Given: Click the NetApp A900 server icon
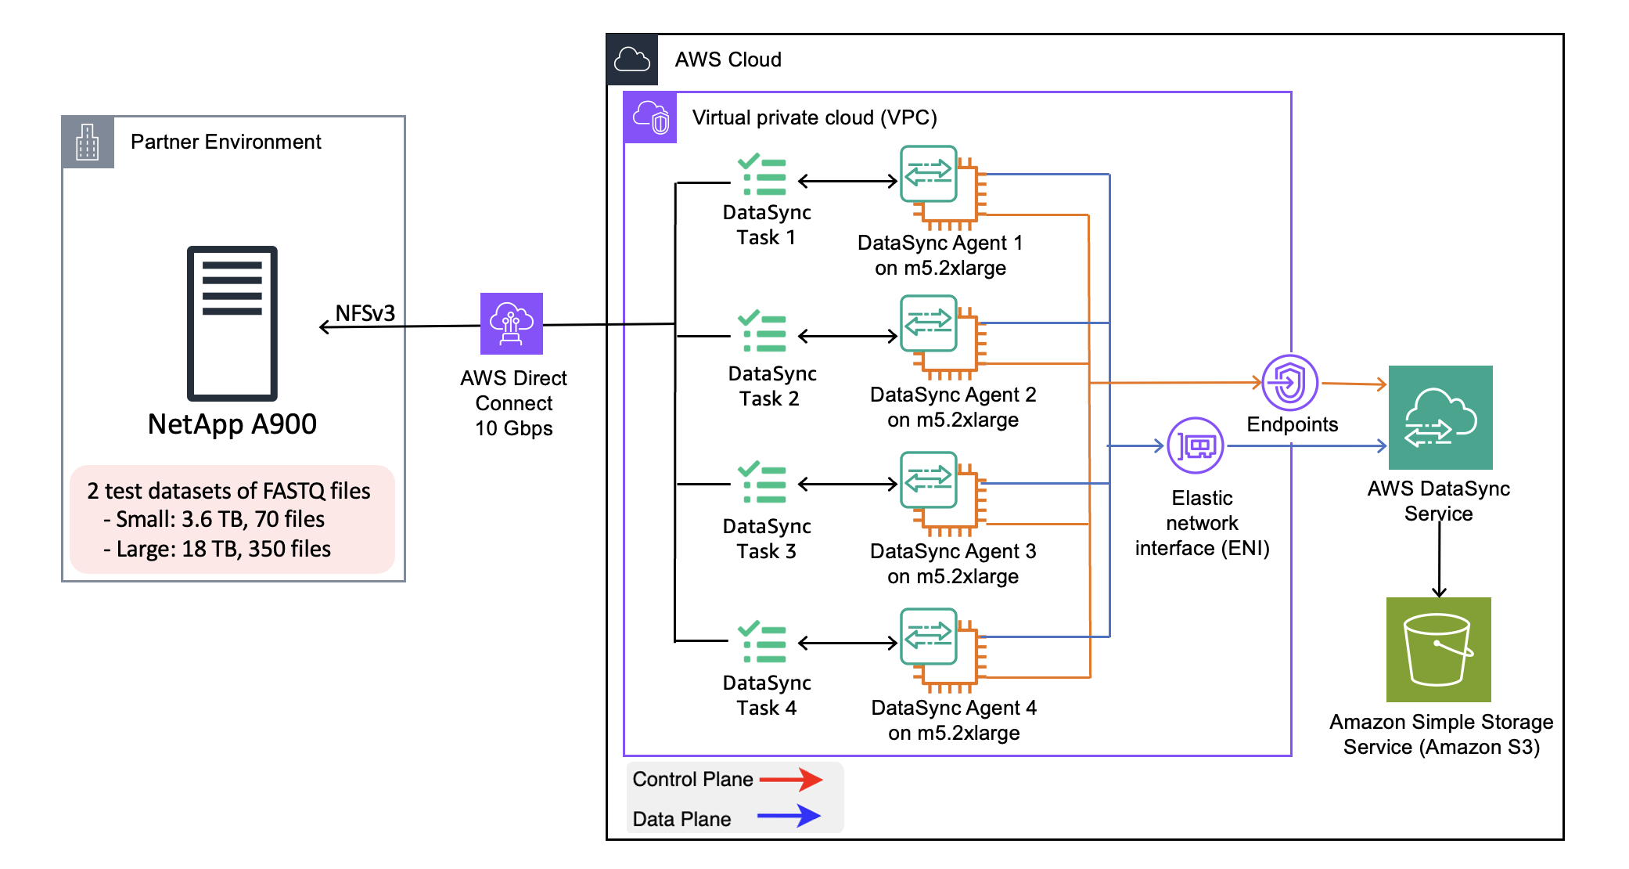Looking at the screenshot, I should [232, 323].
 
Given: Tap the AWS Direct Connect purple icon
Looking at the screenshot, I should [511, 323].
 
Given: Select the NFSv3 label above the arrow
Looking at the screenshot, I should [365, 313].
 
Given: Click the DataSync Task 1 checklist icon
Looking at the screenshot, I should [762, 175].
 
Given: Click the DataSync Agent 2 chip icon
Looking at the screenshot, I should [941, 335].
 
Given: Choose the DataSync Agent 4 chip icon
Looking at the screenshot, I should [941, 648].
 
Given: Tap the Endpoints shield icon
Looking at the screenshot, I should [1289, 383].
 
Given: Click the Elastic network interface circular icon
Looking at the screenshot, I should [1196, 445].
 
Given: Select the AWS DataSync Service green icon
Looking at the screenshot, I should [1440, 417].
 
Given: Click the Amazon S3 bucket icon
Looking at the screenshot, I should [1438, 649].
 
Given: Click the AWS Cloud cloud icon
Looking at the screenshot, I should [632, 59].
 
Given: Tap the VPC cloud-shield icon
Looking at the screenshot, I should [650, 118].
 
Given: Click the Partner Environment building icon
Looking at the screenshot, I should [88, 142].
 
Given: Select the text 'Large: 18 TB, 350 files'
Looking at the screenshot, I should [222, 549].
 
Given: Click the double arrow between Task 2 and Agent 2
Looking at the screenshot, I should [847, 337].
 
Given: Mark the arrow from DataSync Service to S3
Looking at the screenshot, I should [1439, 560].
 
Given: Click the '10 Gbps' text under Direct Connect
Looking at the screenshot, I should [513, 428].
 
